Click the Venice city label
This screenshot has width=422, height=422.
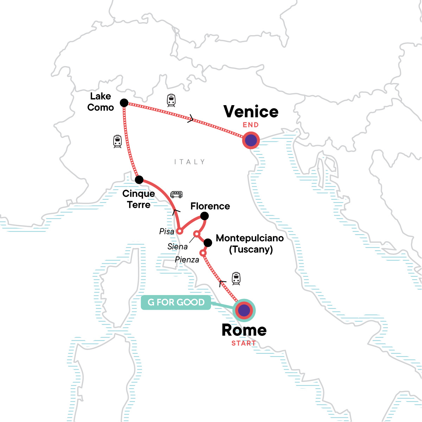pos(251,112)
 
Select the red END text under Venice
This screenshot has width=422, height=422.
pos(250,125)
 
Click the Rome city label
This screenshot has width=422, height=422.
pos(244,330)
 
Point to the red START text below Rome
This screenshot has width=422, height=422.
pos(243,343)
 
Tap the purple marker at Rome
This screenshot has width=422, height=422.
pos(244,311)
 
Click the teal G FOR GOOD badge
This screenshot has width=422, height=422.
pos(176,302)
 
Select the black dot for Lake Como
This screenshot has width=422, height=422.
pos(124,103)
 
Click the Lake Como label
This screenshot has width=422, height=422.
pos(101,102)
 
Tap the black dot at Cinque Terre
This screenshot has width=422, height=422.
pos(139,180)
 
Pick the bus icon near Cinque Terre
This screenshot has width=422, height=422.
pos(176,194)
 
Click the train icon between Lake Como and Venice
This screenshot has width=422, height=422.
pos(171,100)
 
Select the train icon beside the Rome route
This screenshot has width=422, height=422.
pos(236,279)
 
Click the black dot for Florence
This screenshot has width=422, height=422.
pos(204,216)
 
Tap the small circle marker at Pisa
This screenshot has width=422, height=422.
pos(179,231)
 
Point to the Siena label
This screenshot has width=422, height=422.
pos(177,247)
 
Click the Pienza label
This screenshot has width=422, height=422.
pos(187,260)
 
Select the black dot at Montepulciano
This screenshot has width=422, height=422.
pos(208,242)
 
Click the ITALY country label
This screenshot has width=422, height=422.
pos(189,162)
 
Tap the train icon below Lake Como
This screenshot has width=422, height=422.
pos(117,141)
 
